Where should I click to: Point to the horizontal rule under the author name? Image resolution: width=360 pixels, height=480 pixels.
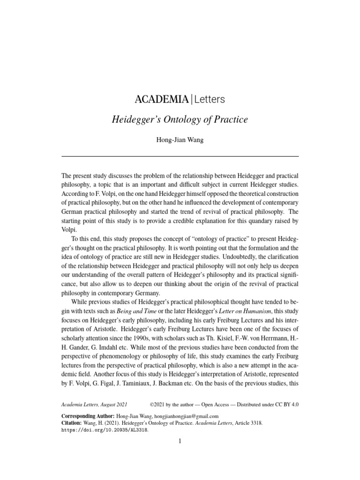(x=180, y=156)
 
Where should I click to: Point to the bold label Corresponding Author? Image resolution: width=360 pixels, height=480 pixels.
(x=88, y=416)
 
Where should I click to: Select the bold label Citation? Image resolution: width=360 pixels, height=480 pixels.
(x=75, y=422)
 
